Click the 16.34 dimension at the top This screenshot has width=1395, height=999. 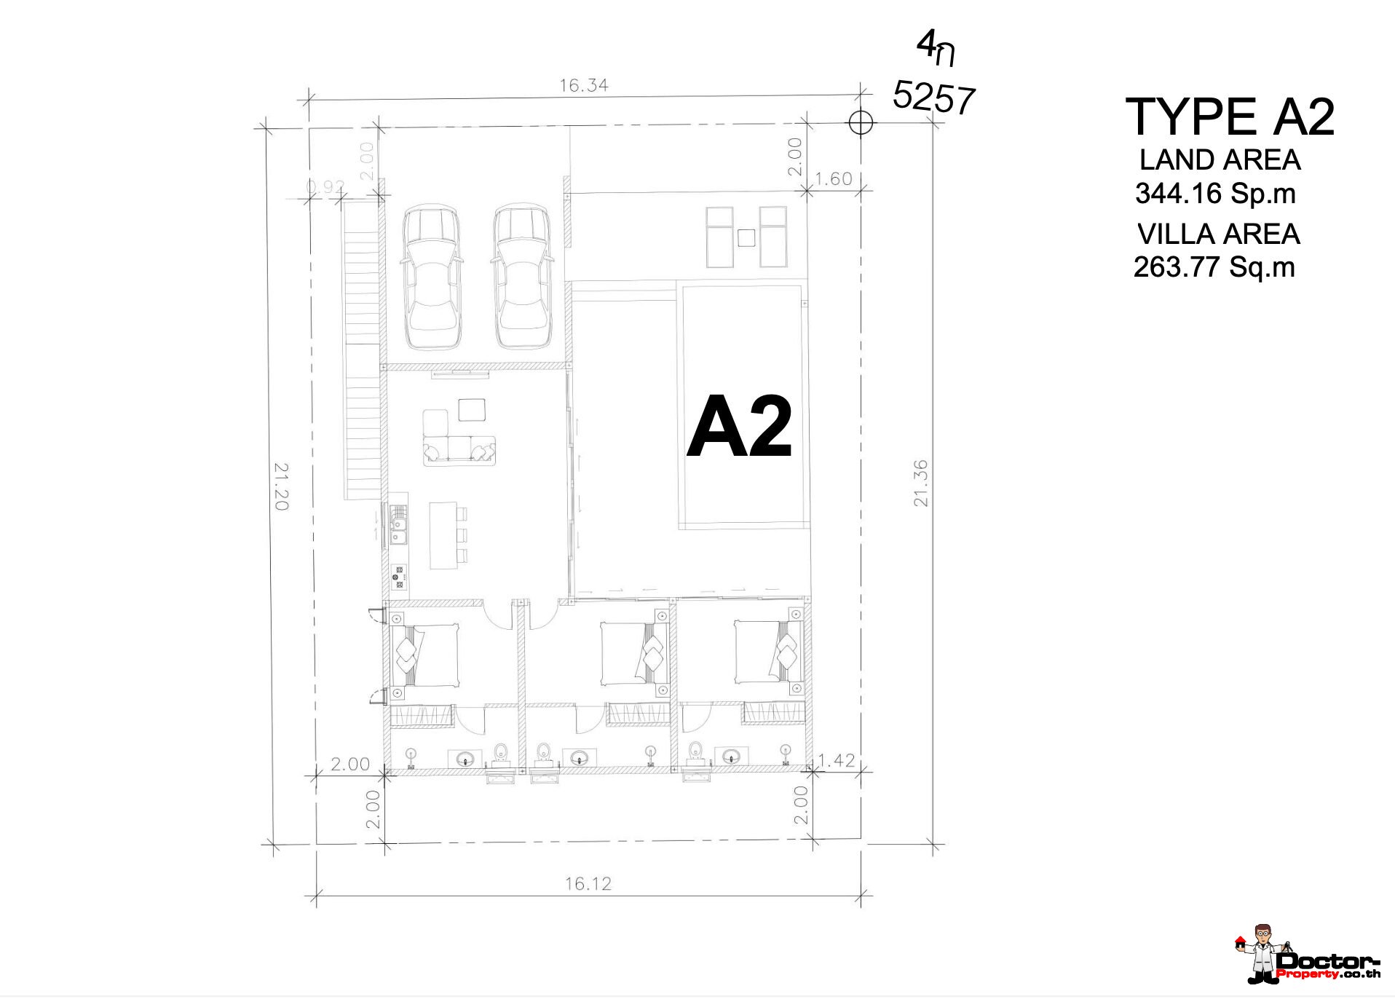pos(583,85)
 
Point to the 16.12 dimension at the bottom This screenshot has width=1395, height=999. pos(588,884)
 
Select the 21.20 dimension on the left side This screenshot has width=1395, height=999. pos(282,486)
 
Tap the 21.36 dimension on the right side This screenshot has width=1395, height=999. pos(921,483)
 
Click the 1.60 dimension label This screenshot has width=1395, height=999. pos(833,179)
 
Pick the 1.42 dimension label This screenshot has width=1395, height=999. pos(837,761)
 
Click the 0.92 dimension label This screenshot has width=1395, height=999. pos(325,187)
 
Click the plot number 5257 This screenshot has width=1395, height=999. pos(934,98)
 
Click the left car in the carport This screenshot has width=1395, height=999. pos(432,277)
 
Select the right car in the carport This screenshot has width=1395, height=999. pos(522,277)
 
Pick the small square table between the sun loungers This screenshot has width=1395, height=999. pos(746,237)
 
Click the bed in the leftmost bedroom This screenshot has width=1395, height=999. pos(425,655)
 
